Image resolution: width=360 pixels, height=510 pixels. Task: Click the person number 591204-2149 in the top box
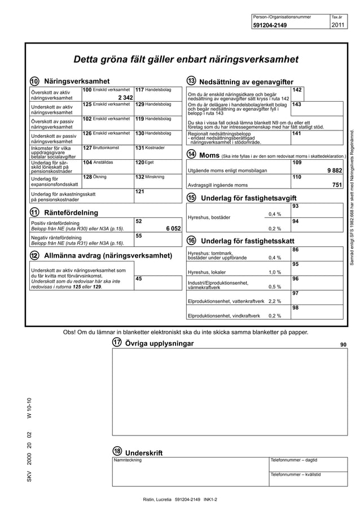pos(269,25)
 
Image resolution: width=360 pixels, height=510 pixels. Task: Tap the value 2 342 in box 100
pos(122,98)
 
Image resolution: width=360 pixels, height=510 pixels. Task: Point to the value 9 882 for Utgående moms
pos(334,170)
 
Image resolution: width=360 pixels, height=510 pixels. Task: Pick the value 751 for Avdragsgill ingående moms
pos(337,185)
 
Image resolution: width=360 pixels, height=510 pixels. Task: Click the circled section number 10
pos(35,81)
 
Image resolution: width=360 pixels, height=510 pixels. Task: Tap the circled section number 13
pos(191,81)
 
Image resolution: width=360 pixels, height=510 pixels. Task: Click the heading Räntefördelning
pos(71,212)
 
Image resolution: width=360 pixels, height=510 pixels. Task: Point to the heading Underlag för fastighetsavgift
pos(248,198)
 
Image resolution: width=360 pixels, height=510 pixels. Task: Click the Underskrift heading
pos(144,452)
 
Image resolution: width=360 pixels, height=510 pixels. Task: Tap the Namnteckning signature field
pos(190,472)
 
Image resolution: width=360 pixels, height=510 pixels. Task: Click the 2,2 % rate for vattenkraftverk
pos(275,301)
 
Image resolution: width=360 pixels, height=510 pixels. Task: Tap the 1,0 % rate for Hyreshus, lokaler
pos(275,272)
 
